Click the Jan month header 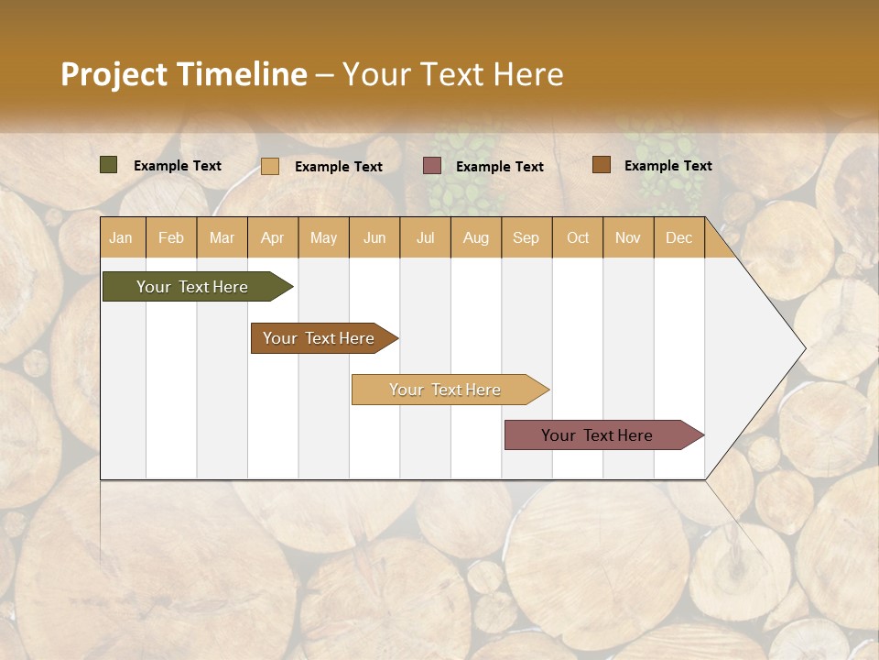tap(122, 237)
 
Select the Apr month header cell tap(273, 237)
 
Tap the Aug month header tap(475, 237)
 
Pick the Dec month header tap(678, 237)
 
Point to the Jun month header tap(374, 237)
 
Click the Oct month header tap(578, 237)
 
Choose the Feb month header tap(171, 237)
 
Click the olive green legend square tap(108, 165)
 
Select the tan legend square tap(270, 166)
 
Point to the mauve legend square tap(432, 166)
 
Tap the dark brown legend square tap(601, 165)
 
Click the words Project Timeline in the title tap(183, 74)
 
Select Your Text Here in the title tap(453, 74)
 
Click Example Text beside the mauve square tap(499, 167)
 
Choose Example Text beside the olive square tap(178, 166)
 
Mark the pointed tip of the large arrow tap(803, 348)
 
